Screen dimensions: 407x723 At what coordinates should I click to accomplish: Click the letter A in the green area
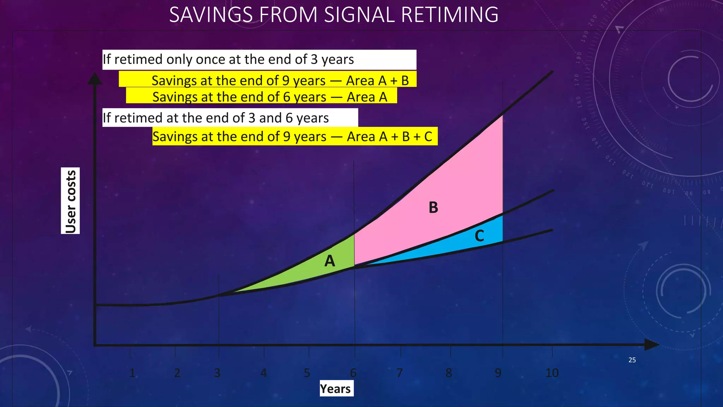329,261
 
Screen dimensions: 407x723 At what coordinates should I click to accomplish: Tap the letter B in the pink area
433,207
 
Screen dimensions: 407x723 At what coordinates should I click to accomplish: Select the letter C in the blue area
479,236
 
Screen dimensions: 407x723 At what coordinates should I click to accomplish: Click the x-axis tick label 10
552,373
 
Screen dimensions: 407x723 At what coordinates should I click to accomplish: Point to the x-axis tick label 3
217,373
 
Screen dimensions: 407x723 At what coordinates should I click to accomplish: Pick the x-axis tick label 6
353,373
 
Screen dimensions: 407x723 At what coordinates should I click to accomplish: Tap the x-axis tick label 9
498,373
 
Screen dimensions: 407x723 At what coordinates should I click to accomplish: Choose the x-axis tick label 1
132,373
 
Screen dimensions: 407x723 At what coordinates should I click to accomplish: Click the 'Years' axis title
335,389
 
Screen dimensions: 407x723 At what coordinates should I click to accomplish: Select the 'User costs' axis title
71,201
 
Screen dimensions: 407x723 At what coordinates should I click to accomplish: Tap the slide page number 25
632,360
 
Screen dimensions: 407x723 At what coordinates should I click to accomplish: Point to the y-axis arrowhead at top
95,78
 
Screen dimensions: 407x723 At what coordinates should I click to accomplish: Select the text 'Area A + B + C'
389,136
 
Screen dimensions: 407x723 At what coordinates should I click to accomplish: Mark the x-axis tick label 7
399,373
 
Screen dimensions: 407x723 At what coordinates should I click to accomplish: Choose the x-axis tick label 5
307,373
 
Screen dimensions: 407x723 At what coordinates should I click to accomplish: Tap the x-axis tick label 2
177,373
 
